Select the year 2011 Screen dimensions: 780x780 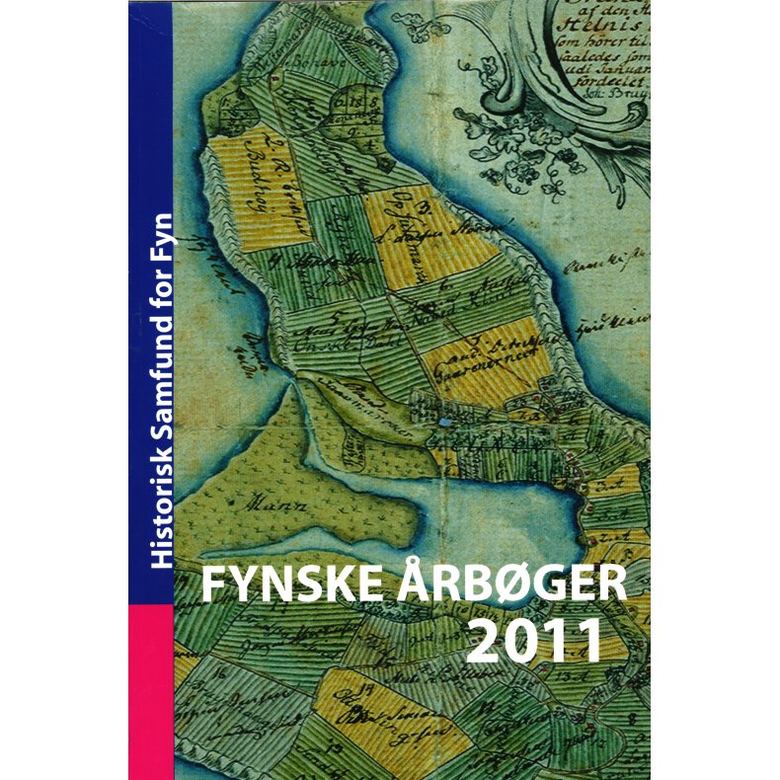pyautogui.click(x=534, y=641)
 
